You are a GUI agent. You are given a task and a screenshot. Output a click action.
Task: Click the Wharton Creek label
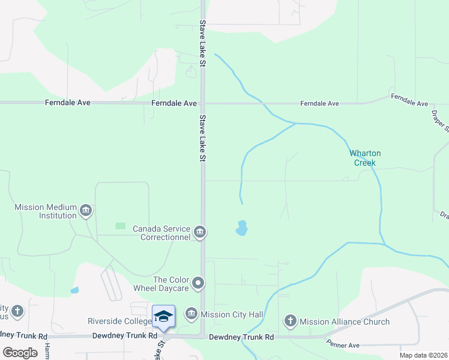tap(365, 158)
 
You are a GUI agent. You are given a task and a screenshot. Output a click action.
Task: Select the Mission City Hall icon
tap(191, 313)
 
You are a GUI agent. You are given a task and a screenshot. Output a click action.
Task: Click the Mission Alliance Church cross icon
tap(291, 322)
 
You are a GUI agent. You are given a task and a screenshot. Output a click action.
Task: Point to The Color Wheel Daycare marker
tap(199, 283)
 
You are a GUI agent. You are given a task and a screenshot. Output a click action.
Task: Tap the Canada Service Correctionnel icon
tap(200, 232)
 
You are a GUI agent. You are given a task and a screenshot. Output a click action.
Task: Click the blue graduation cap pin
tap(163, 316)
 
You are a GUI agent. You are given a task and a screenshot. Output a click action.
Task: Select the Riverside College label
tap(118, 321)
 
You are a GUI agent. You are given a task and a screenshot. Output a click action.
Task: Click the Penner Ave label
tap(342, 344)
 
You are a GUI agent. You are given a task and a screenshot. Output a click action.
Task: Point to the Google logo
tap(20, 353)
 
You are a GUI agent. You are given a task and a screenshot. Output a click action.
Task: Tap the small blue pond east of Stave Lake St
tap(242, 228)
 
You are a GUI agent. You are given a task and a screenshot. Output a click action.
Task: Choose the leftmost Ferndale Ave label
tap(67, 103)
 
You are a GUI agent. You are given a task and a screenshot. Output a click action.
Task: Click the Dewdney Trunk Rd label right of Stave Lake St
tap(241, 337)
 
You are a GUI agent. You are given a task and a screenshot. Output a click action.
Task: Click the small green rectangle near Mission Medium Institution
tap(121, 226)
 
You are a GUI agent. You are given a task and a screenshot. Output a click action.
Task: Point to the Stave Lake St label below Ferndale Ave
tap(203, 138)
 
